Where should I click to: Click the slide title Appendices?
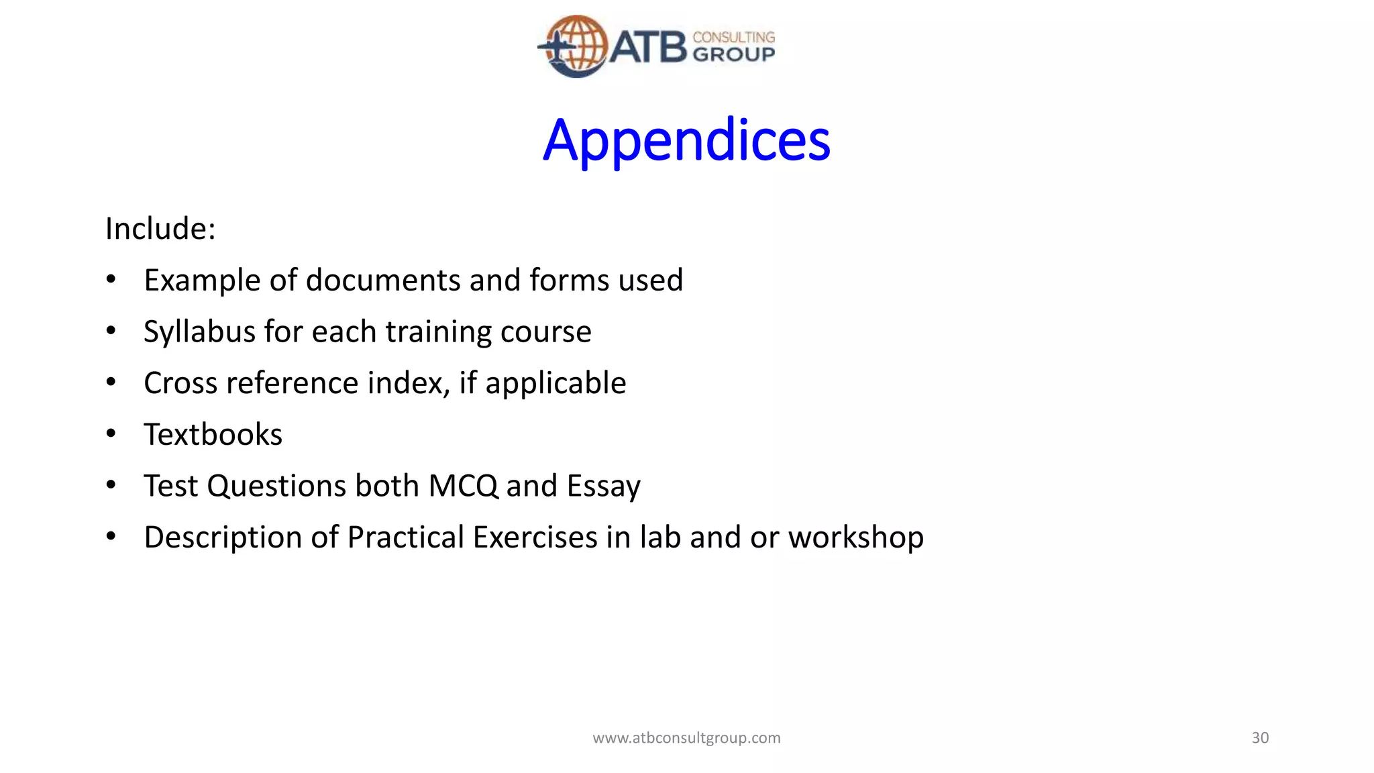coord(686,140)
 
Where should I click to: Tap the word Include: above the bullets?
coord(160,229)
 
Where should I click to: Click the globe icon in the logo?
coord(576,46)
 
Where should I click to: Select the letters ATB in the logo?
coord(648,47)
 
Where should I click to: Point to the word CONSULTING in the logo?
coord(733,37)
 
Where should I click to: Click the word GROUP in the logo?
coord(733,54)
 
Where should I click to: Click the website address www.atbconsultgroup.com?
coord(686,738)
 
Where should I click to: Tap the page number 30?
coord(1260,738)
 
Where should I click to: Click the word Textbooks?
coord(213,435)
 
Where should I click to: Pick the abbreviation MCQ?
coord(463,486)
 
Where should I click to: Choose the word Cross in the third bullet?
coord(180,383)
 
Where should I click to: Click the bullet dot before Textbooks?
coord(111,433)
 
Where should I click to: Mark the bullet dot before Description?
coord(111,536)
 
